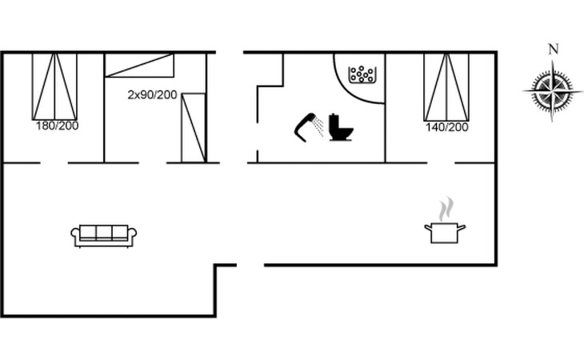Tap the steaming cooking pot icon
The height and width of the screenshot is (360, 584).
[x=444, y=232]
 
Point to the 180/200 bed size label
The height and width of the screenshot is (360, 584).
[x=56, y=126]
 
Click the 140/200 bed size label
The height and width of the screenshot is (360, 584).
[x=446, y=127]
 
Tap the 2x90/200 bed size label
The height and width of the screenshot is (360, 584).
[x=152, y=94]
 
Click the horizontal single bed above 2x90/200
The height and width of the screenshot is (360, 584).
[x=139, y=65]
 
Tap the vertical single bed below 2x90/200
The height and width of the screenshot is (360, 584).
[x=194, y=126]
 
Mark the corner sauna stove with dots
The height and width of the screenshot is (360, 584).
[x=362, y=74]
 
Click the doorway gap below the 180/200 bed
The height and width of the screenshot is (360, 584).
[x=54, y=163]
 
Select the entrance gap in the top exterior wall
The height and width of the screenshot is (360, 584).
[x=230, y=53]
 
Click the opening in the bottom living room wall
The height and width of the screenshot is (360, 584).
[x=250, y=265]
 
